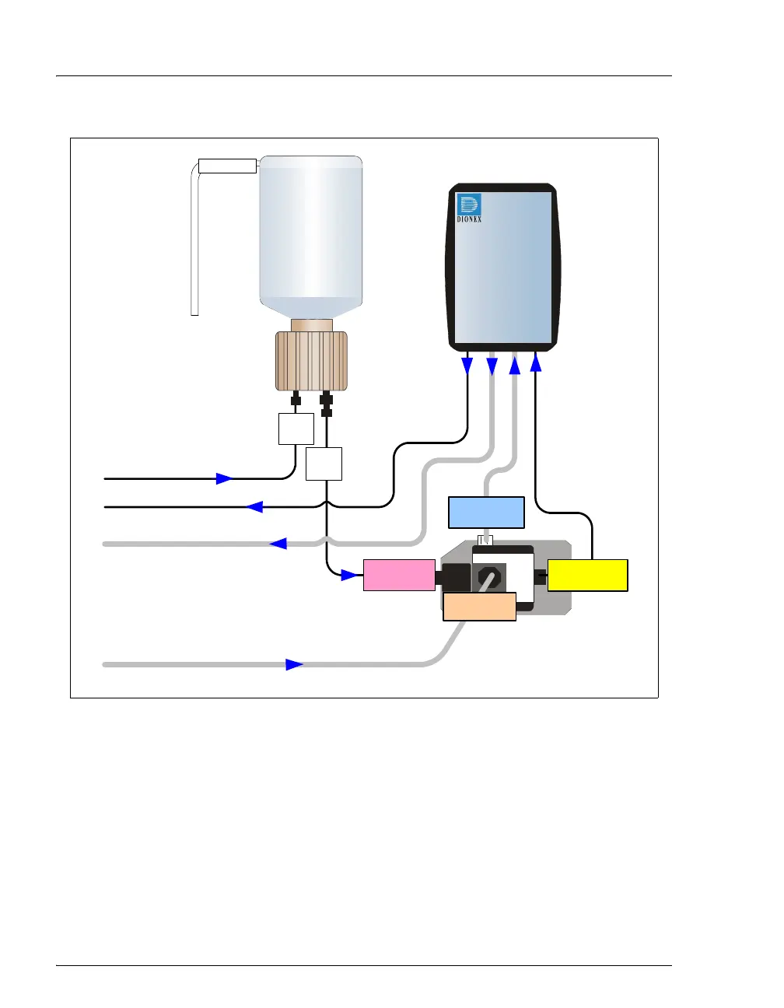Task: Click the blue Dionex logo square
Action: pyautogui.click(x=469, y=205)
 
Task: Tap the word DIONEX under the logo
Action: pyautogui.click(x=469, y=219)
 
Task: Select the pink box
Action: pyautogui.click(x=399, y=575)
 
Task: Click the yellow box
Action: pyautogui.click(x=587, y=576)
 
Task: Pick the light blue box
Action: pyautogui.click(x=487, y=512)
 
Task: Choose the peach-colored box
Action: pyautogui.click(x=479, y=607)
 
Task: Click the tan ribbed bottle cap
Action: pyautogui.click(x=311, y=361)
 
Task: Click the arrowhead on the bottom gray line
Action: pyautogui.click(x=294, y=664)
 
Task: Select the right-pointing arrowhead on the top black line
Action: pyautogui.click(x=224, y=478)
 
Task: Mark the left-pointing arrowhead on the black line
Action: pyautogui.click(x=254, y=507)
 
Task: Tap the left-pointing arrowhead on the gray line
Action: pyautogui.click(x=278, y=544)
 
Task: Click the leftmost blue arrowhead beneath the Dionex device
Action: pyautogui.click(x=467, y=365)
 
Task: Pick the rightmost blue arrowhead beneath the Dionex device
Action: pyautogui.click(x=536, y=362)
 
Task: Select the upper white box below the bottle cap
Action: pyautogui.click(x=296, y=429)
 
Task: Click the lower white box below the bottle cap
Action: pyautogui.click(x=324, y=464)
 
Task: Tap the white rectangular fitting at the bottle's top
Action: pyautogui.click(x=227, y=165)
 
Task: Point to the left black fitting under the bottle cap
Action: pyautogui.click(x=296, y=401)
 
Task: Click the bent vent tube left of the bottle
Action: pyautogui.click(x=195, y=241)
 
